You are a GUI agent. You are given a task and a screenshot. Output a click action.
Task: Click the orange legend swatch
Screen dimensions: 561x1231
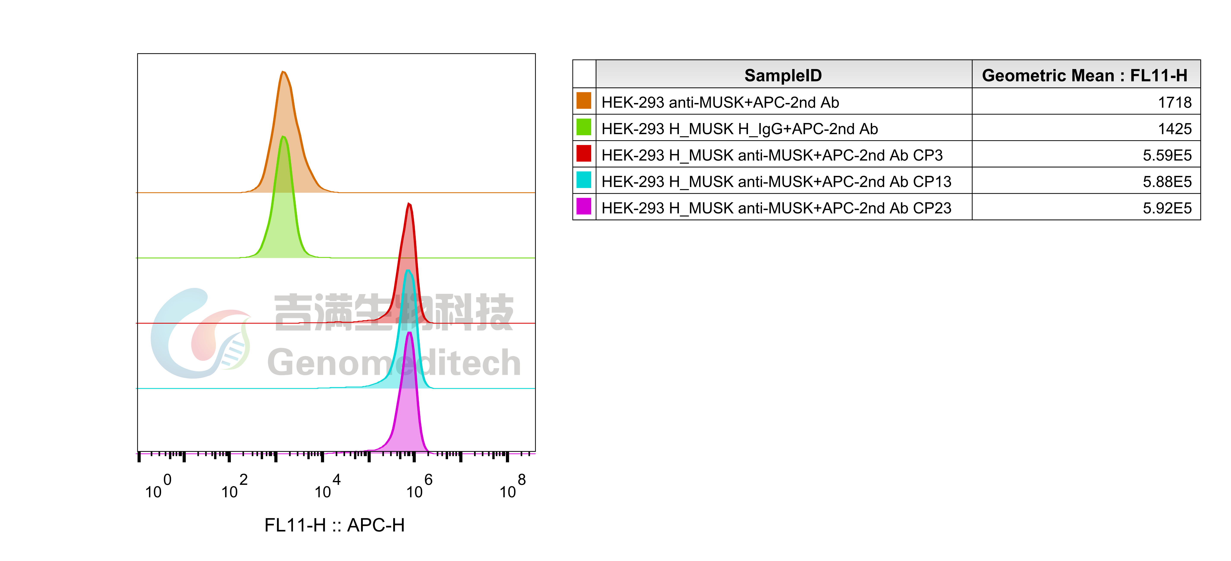[583, 100]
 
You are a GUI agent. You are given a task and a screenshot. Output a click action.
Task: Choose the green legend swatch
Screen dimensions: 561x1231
[583, 127]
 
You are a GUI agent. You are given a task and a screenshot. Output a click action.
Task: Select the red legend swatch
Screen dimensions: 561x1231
[583, 153]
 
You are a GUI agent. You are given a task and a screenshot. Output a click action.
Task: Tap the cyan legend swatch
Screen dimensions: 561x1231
[583, 180]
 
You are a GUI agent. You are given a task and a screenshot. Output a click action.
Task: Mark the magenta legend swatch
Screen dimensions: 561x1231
[583, 206]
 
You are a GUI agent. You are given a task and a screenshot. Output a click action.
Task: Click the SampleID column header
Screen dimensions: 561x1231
[783, 75]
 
